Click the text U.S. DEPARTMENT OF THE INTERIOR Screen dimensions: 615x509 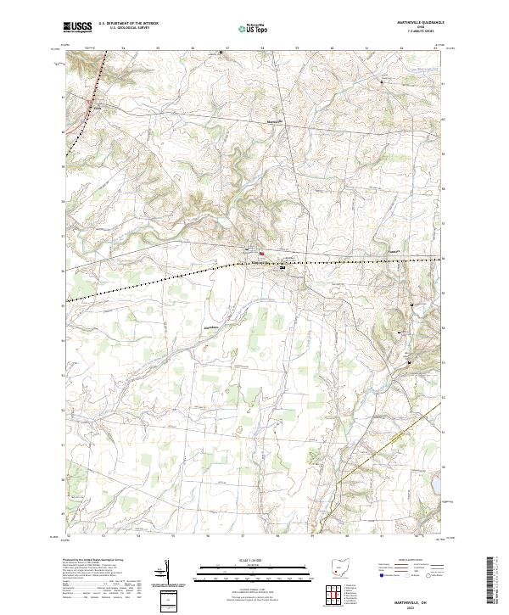pos(128,24)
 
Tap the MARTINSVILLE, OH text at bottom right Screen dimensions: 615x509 pos(413,601)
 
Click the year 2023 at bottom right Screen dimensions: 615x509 pos(413,607)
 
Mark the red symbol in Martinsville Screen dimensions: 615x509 pos(261,254)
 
